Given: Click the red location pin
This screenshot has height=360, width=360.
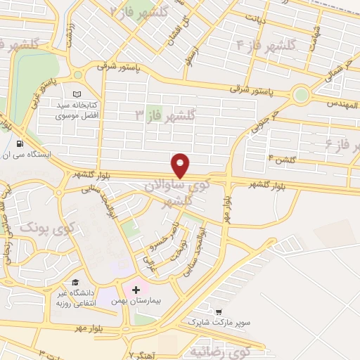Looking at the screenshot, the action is [x=181, y=165].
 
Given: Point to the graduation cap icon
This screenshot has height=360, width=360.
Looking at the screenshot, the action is [x=75, y=283].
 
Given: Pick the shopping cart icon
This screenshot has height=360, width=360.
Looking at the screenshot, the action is [x=220, y=311].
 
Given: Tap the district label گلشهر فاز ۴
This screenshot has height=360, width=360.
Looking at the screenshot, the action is [x=269, y=46].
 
